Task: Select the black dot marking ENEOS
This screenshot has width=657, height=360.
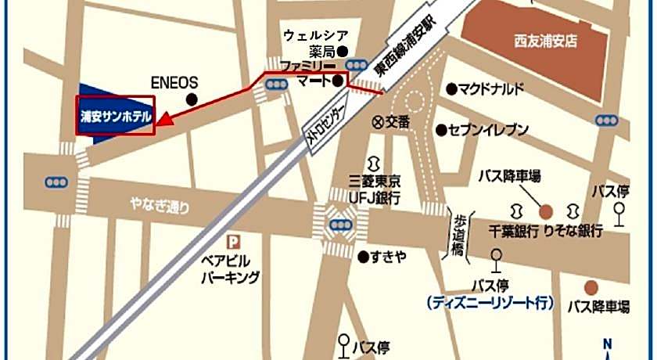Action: click(x=192, y=99)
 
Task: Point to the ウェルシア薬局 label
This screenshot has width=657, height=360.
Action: click(x=315, y=43)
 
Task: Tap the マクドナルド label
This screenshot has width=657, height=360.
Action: click(x=491, y=88)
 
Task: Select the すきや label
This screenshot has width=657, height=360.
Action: click(x=388, y=257)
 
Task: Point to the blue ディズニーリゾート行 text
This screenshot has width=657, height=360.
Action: click(x=490, y=302)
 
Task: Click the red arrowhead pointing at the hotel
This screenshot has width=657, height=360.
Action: click(x=163, y=119)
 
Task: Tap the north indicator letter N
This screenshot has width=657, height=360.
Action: click(x=607, y=343)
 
